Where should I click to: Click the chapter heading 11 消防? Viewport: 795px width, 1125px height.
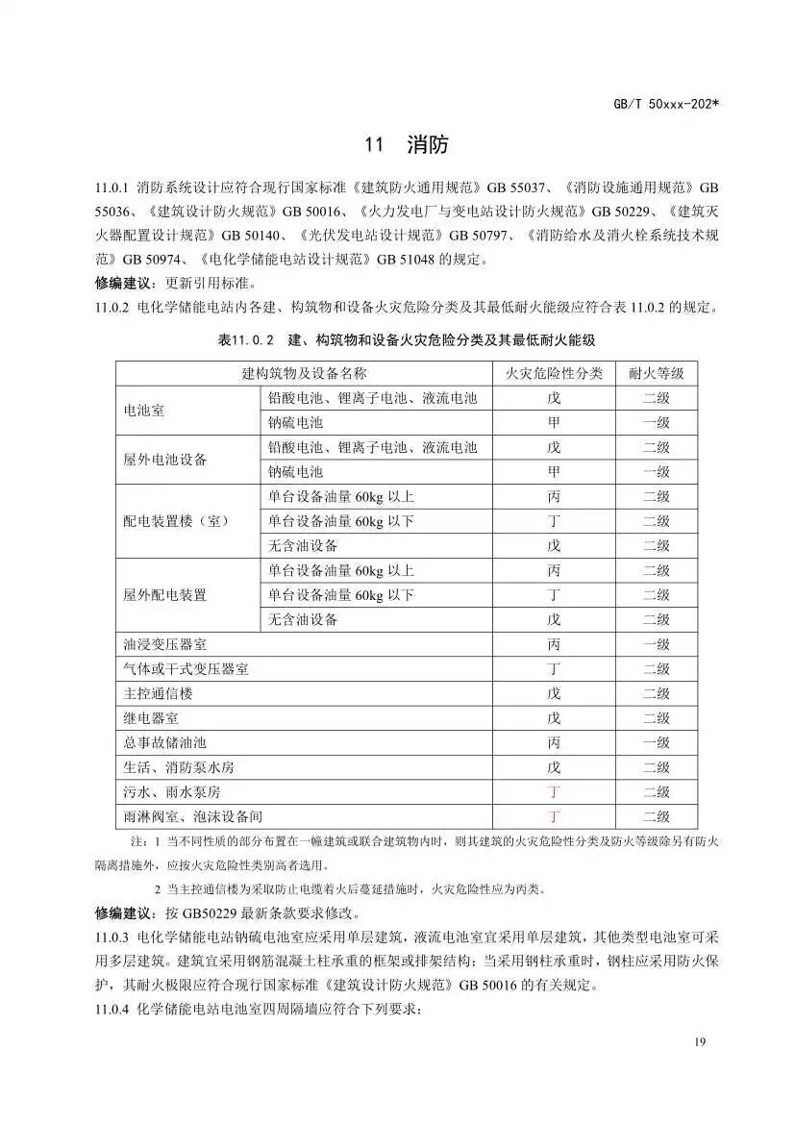[406, 146]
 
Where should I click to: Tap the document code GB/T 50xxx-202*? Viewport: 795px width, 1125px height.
[664, 102]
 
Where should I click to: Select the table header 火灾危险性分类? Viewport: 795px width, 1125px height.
[555, 373]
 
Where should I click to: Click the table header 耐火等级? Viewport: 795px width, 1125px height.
[656, 373]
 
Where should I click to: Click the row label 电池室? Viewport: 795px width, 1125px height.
[144, 411]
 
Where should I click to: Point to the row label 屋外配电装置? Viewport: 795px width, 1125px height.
[164, 595]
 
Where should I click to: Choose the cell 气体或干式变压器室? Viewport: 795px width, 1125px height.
[186, 669]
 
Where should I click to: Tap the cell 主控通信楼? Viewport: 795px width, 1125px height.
[159, 693]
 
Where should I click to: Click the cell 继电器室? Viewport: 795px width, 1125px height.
[151, 718]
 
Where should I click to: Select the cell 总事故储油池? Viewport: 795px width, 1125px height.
[164, 743]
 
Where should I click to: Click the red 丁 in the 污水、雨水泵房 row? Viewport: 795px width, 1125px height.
[554, 792]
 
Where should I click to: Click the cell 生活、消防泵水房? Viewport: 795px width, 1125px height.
[179, 767]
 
